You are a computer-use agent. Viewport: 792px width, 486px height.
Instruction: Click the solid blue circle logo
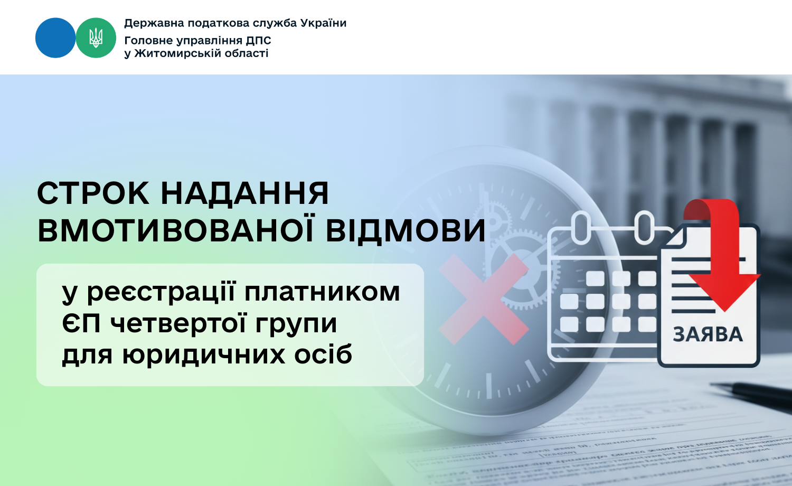pos(55,38)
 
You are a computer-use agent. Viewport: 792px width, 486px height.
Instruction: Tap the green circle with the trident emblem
pos(96,38)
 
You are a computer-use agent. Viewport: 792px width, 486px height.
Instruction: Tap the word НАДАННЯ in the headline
pos(244,193)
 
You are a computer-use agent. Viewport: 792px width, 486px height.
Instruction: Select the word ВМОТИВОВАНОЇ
pos(176,231)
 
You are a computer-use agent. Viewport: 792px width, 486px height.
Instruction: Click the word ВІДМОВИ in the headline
pos(406,231)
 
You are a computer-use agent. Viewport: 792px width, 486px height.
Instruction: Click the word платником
pos(322,292)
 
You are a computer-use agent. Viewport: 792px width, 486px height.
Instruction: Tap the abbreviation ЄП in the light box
pos(81,323)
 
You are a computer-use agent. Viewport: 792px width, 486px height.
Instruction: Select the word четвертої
pos(179,323)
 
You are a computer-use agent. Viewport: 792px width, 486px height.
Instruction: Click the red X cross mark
pos(483,298)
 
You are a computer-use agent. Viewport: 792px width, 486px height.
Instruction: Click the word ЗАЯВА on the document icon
pos(708,335)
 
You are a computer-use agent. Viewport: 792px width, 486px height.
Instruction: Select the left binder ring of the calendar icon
pos(581,227)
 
